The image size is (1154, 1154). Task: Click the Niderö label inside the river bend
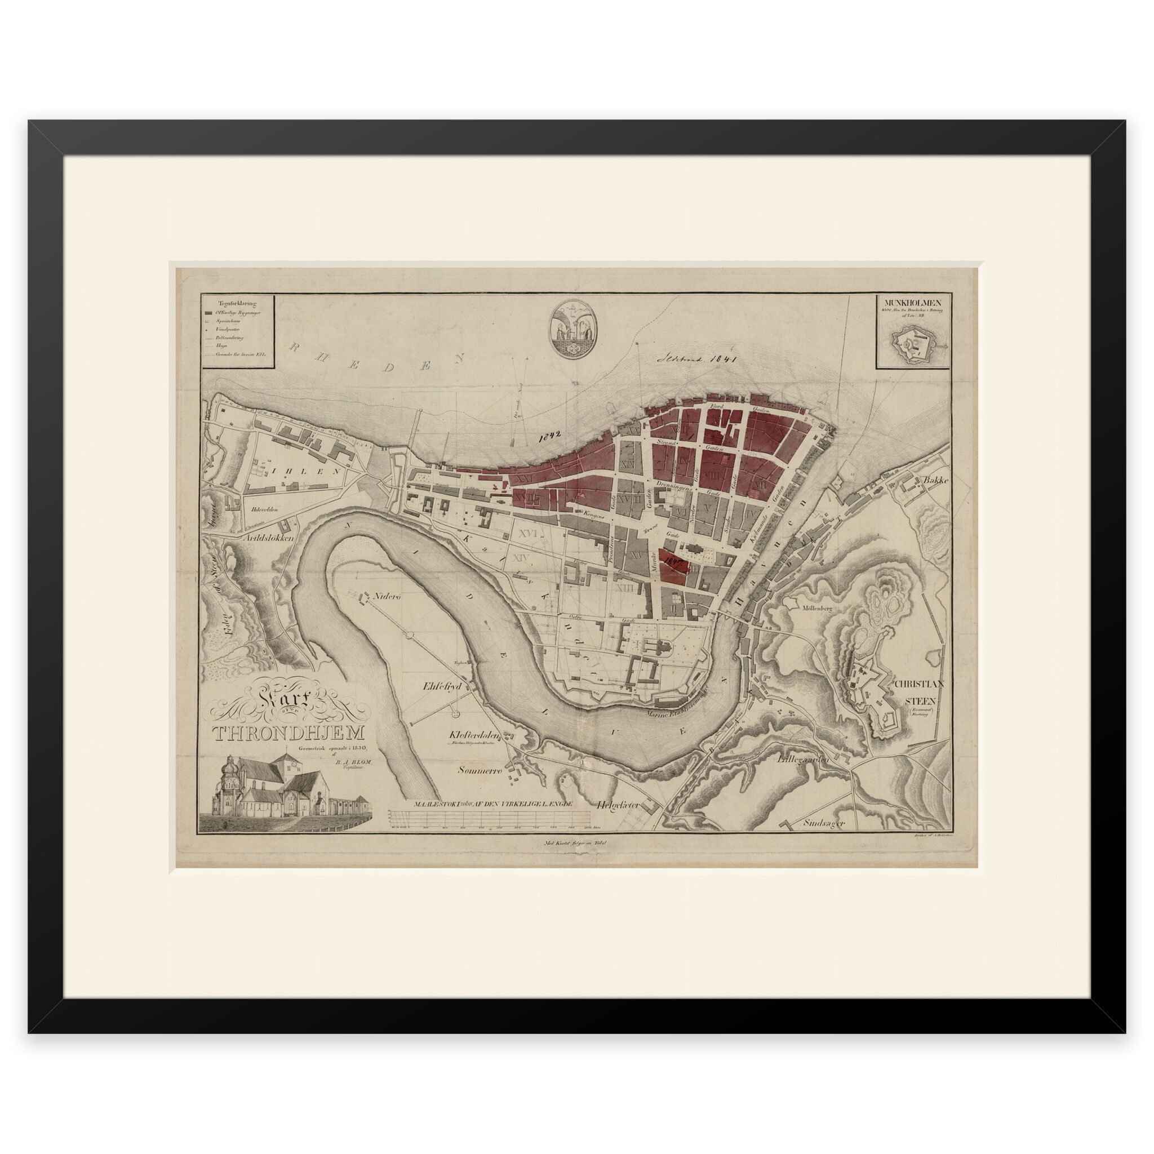point(389,596)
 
